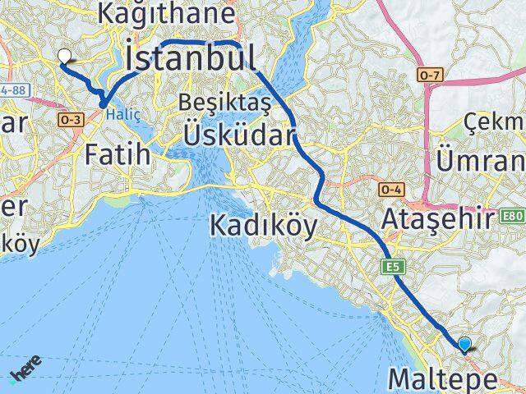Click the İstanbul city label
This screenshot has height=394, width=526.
coord(191,59)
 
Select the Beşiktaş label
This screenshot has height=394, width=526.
coord(215,103)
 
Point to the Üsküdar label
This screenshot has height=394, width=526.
coord(238,133)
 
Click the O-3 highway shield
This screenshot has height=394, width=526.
coord(67,119)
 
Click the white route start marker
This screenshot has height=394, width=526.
coord(64,57)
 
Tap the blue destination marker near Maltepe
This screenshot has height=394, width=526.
coord(465,346)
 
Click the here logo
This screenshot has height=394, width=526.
coord(23,373)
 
